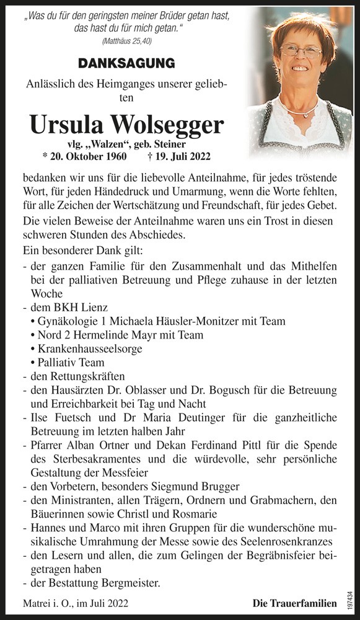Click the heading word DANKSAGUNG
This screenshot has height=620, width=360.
[x=126, y=63]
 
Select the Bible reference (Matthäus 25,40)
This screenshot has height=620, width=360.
[x=126, y=41]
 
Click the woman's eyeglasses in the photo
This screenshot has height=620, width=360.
[x=300, y=53]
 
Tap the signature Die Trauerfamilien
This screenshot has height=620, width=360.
[x=294, y=603]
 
